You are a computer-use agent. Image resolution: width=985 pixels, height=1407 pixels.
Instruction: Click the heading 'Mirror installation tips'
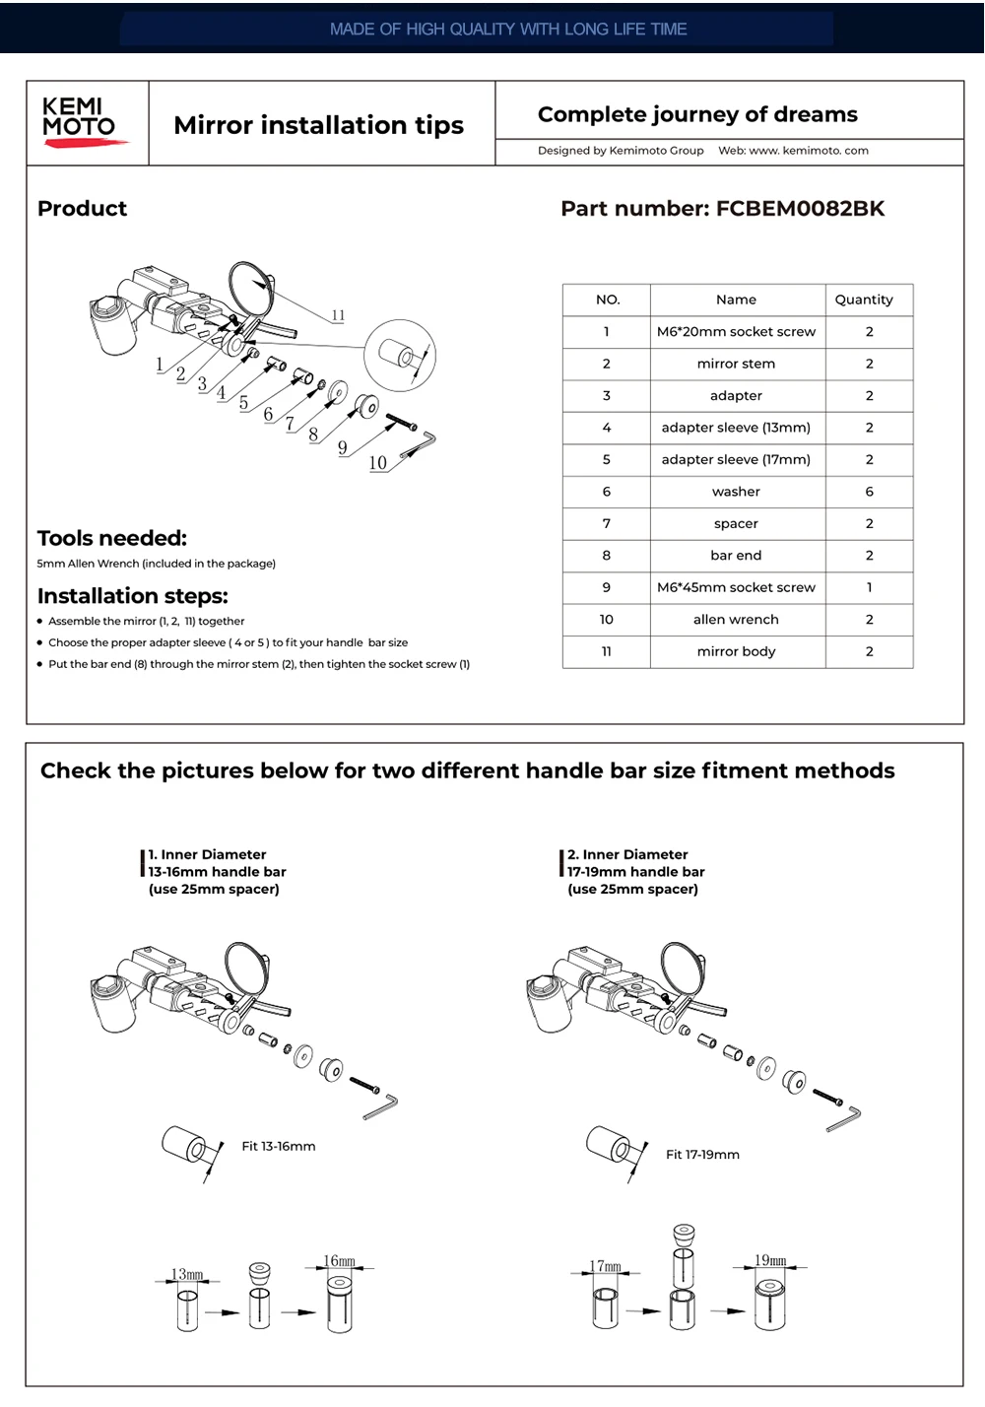[x=318, y=125]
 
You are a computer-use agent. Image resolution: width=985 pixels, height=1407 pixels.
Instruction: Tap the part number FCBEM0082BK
[x=800, y=209]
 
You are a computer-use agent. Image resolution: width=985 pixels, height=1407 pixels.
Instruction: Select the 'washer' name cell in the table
[x=736, y=492]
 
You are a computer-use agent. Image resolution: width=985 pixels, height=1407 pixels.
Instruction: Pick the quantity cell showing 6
[x=869, y=492]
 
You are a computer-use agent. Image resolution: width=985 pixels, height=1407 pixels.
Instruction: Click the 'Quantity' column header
[x=864, y=300]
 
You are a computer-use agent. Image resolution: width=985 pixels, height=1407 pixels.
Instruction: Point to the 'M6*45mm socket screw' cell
[x=736, y=587]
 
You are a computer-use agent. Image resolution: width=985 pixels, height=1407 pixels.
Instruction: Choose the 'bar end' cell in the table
[x=736, y=556]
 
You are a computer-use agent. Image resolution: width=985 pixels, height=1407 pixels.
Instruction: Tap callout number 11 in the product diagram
[x=338, y=315]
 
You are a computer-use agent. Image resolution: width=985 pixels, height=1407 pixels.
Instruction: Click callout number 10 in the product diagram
[x=377, y=463]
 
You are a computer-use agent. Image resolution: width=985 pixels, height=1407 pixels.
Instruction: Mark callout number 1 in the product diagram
[x=160, y=365]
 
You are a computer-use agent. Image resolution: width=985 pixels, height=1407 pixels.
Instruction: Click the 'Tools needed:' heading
[x=112, y=538]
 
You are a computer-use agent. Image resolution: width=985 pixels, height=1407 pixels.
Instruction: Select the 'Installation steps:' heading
[x=133, y=596]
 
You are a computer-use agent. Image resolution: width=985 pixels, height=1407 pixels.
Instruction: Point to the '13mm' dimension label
[x=187, y=1275]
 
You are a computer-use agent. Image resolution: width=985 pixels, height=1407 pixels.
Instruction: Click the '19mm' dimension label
[x=770, y=1260]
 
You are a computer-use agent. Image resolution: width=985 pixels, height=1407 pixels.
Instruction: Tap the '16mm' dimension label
[x=340, y=1261]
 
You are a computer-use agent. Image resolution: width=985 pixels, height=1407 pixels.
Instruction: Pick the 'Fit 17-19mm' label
[x=702, y=1155]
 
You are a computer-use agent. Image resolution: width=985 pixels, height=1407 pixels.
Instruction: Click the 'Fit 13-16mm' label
[x=279, y=1147]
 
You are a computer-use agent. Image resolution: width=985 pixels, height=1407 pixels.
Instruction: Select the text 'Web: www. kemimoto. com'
[x=793, y=151]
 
